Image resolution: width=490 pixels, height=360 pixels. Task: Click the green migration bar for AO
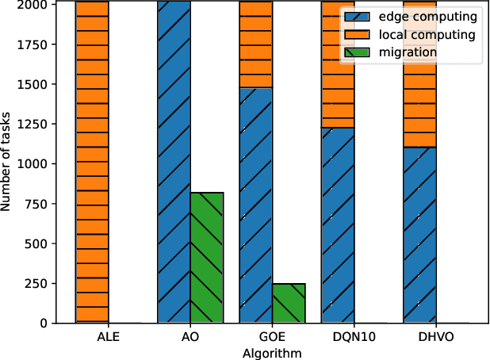[x=207, y=258]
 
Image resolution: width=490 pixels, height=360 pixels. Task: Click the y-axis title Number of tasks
[x=7, y=162]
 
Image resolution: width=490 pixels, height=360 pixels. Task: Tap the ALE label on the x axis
[x=108, y=338]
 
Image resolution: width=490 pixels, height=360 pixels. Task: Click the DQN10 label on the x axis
[x=354, y=338]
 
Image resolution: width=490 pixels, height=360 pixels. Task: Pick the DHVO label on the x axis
[x=435, y=338]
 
